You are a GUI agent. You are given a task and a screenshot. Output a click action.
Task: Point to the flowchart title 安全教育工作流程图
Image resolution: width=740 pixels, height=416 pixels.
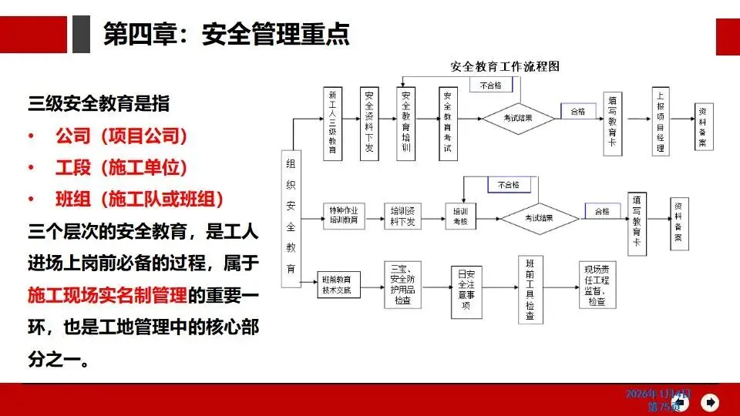pyautogui.click(x=505, y=67)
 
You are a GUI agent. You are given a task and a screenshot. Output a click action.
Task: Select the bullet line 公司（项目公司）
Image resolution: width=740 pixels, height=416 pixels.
pyautogui.click(x=121, y=137)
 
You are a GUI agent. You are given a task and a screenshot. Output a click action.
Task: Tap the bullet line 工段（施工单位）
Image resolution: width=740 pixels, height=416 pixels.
pyautogui.click(x=121, y=168)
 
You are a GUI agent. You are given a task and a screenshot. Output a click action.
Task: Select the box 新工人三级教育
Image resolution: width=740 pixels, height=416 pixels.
pyautogui.click(x=332, y=122)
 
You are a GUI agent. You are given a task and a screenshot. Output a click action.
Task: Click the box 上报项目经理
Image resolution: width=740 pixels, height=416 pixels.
pyautogui.click(x=660, y=123)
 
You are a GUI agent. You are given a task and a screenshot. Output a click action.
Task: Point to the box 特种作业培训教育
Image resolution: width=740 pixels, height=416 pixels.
pyautogui.click(x=343, y=215)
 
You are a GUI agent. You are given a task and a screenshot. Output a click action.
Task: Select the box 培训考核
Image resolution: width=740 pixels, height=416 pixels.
pyautogui.click(x=460, y=215)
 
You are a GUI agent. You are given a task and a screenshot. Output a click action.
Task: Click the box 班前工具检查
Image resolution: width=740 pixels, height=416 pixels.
pyautogui.click(x=530, y=290)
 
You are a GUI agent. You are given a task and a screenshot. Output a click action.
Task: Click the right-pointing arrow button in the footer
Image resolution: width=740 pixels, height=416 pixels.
pyautogui.click(x=711, y=401)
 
